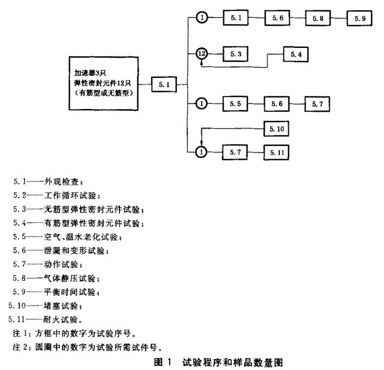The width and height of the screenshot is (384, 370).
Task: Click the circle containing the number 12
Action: coord(202,54)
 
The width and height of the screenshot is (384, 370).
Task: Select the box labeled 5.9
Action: coord(359,18)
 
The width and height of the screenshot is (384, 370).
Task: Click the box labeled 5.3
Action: coord(236,54)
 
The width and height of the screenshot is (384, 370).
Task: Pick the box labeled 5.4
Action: coord(297,54)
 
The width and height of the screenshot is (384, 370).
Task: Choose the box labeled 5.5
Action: coord(236,102)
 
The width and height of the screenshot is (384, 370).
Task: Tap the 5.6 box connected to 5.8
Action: coord(277,18)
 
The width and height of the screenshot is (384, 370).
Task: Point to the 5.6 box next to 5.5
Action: coord(277,102)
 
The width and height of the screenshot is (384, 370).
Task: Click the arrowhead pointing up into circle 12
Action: coord(202,63)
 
